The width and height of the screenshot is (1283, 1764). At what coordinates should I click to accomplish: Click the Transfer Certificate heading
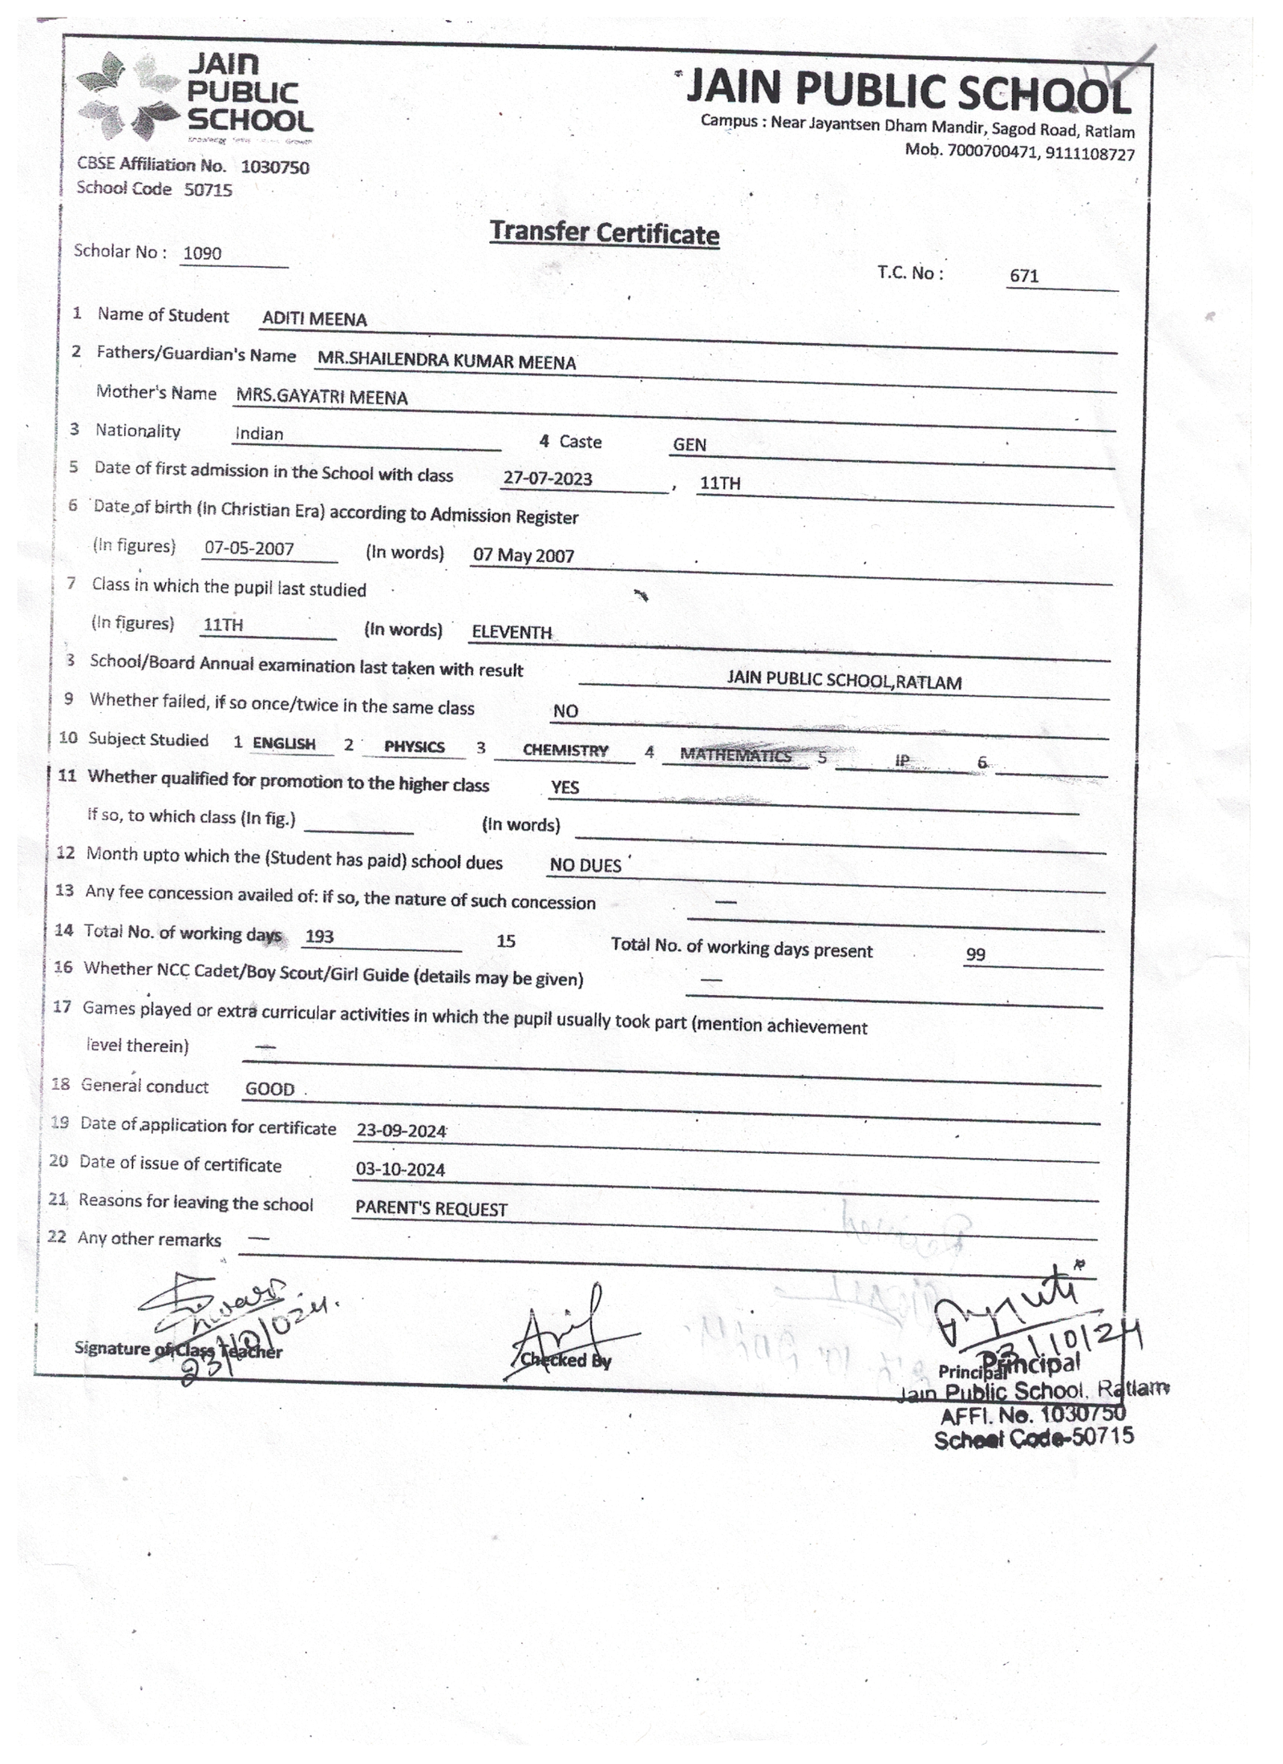(604, 233)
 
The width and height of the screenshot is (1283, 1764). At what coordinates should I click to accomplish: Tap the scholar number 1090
(202, 253)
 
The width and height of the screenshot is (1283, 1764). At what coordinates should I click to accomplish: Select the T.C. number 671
(1024, 276)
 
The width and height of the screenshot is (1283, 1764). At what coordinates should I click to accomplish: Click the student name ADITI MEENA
(314, 319)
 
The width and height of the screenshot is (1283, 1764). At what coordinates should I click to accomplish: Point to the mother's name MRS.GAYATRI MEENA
(322, 397)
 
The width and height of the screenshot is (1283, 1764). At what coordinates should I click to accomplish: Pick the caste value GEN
(690, 445)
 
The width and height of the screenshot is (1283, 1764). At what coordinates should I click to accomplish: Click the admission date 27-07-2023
(548, 479)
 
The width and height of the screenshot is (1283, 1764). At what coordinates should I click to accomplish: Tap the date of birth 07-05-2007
(249, 548)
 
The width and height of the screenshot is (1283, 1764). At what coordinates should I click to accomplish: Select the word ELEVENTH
(512, 632)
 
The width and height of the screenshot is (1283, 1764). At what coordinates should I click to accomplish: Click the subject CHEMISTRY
(565, 751)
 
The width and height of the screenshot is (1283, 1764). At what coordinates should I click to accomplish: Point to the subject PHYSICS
(414, 746)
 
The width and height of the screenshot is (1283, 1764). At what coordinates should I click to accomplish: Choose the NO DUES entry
(585, 865)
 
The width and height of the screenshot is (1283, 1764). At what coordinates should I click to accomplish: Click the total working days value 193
(319, 937)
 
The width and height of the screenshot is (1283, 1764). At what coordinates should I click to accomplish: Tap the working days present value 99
(975, 954)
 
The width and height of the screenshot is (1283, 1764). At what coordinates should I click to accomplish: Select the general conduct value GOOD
(269, 1089)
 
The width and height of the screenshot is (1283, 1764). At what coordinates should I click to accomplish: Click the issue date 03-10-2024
(400, 1170)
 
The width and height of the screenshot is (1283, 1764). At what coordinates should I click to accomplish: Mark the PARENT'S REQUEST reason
(431, 1209)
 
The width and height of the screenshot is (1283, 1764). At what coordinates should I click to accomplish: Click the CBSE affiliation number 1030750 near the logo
(274, 168)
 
